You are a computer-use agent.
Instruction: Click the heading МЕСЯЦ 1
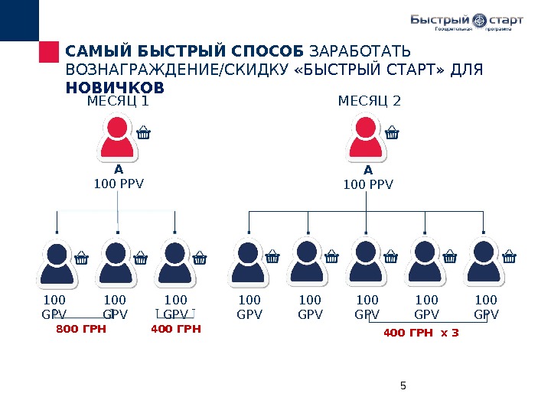[x=118, y=101]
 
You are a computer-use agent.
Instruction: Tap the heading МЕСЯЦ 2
[x=370, y=101]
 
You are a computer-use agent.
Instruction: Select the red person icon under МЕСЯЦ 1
[x=119, y=137]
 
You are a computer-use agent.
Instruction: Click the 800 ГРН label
[x=80, y=330]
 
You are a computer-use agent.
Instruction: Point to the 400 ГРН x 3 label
[x=421, y=333]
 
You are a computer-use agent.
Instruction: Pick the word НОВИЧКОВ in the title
[x=116, y=87]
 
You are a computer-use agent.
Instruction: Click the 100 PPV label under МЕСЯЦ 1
[x=119, y=184]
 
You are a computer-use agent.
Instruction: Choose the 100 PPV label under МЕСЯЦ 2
[x=368, y=184]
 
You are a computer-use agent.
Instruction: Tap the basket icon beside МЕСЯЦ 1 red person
[x=143, y=135]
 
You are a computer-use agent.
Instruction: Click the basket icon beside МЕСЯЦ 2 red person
[x=392, y=135]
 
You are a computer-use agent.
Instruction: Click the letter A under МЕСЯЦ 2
[x=368, y=170]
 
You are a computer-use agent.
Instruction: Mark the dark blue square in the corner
[x=18, y=20]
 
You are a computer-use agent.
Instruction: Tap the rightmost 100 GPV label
[x=486, y=307]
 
